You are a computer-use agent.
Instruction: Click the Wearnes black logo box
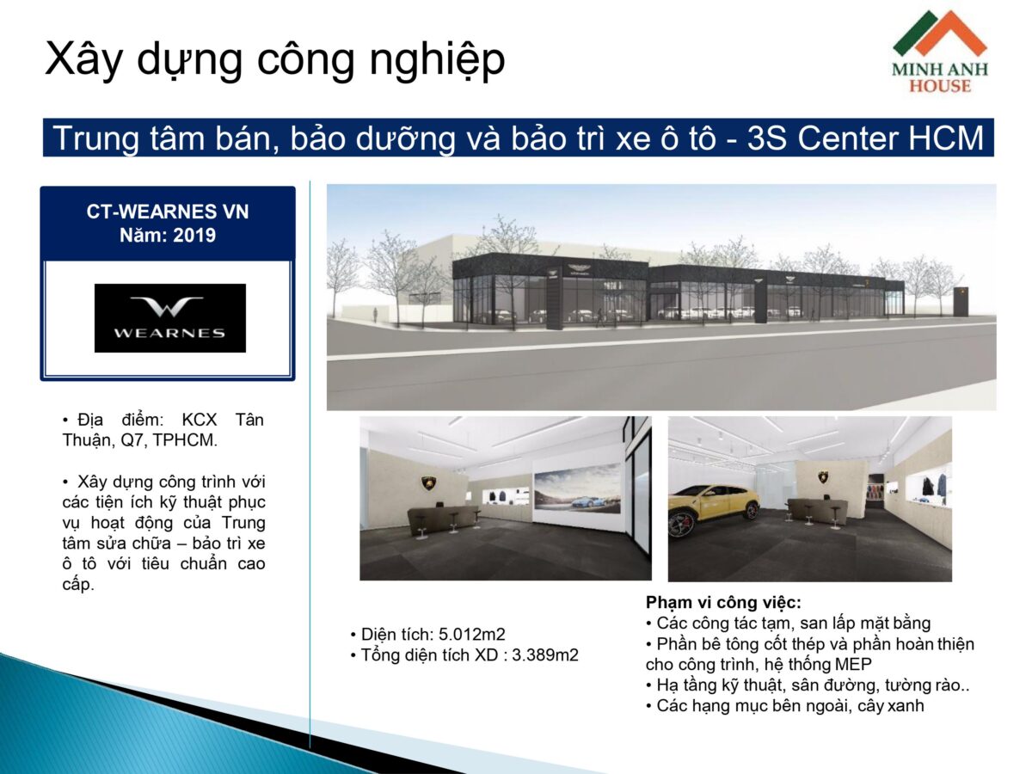coord(169,317)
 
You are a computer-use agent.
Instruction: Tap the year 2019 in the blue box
coord(194,234)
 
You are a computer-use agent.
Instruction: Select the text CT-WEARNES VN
coord(168,212)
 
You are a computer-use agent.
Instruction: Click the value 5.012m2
coord(472,635)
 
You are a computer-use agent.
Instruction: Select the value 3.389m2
coord(545,655)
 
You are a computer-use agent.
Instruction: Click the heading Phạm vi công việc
coord(723,603)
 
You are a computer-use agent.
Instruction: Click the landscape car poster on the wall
coord(577,488)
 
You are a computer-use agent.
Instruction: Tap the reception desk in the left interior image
coord(442,518)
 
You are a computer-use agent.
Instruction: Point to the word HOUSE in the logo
coord(939,86)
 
